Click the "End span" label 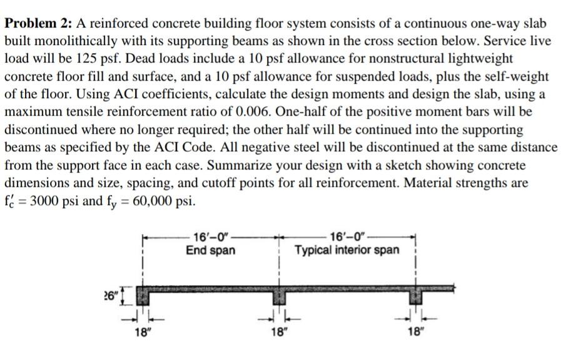(210, 251)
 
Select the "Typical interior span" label (347, 251)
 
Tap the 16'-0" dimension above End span (210, 237)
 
